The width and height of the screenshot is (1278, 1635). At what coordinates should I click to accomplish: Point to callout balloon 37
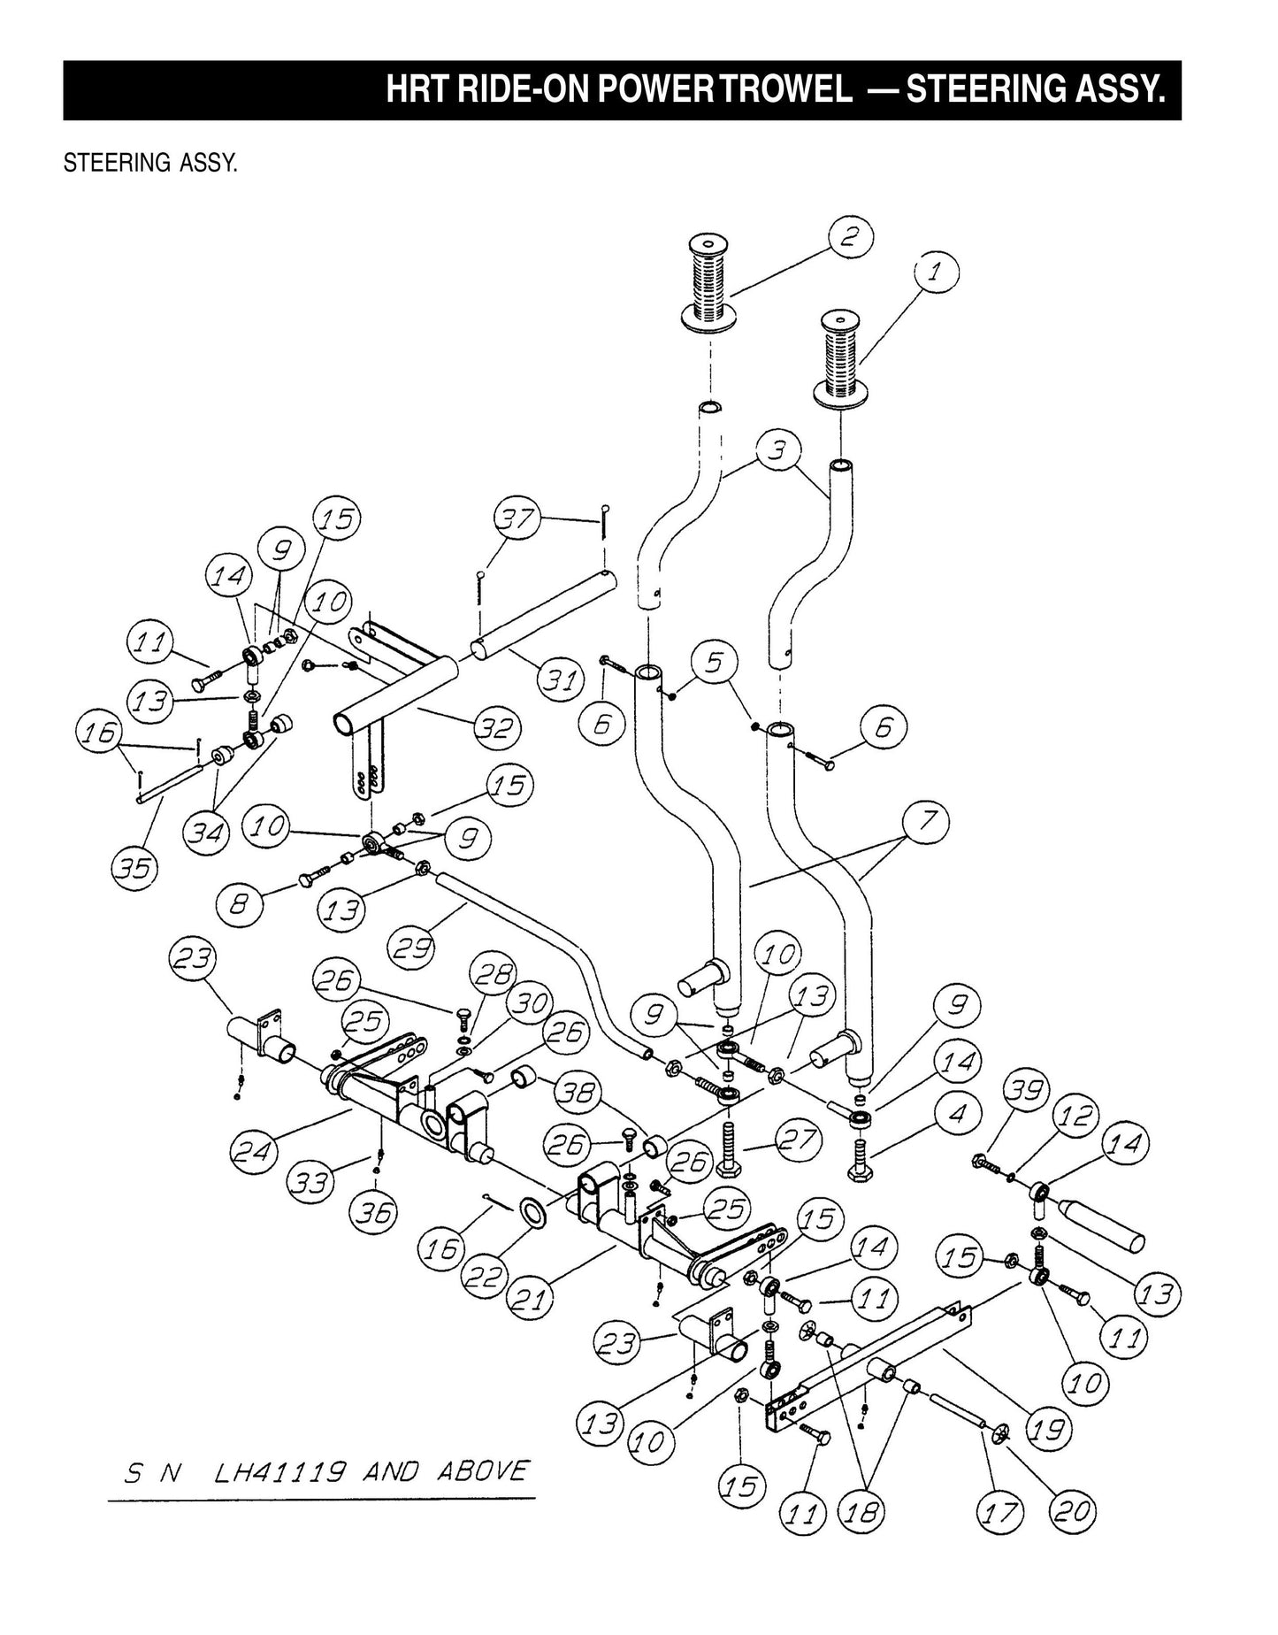517,518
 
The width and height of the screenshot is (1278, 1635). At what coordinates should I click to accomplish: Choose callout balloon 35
135,868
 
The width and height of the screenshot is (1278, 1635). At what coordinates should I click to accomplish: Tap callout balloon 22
484,1278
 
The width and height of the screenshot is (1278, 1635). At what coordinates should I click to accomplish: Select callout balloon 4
958,1112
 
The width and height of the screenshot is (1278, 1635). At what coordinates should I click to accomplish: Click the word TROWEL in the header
784,90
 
